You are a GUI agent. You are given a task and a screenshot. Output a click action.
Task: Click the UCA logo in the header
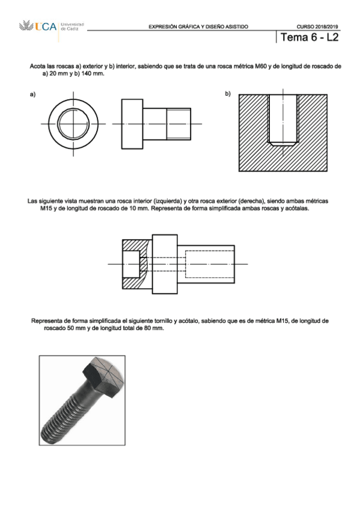tap(38, 26)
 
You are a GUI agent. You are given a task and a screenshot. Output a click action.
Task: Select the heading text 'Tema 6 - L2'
tap(310, 37)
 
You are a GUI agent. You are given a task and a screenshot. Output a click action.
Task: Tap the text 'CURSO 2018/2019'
tap(317, 26)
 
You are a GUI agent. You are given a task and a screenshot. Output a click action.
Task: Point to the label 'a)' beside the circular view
tap(32, 94)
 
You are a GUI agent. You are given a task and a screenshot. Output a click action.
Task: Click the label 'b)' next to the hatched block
tap(228, 94)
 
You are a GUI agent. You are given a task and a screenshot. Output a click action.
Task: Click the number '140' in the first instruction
tap(86, 73)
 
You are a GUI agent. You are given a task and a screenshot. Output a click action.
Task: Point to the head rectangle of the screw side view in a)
tap(132, 124)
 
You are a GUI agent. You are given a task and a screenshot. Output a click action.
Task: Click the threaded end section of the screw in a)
tap(178, 124)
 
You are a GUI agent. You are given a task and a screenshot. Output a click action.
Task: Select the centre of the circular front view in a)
tap(73, 124)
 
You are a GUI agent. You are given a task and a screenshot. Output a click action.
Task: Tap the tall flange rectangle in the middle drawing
tap(165, 264)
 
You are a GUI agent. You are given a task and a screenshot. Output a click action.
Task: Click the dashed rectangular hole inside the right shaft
tap(210, 264)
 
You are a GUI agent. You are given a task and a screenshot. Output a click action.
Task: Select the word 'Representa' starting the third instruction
tap(46, 321)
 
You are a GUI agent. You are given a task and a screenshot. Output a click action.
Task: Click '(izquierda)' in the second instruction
tap(167, 201)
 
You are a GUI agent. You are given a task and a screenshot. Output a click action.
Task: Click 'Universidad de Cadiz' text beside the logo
tap(72, 26)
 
